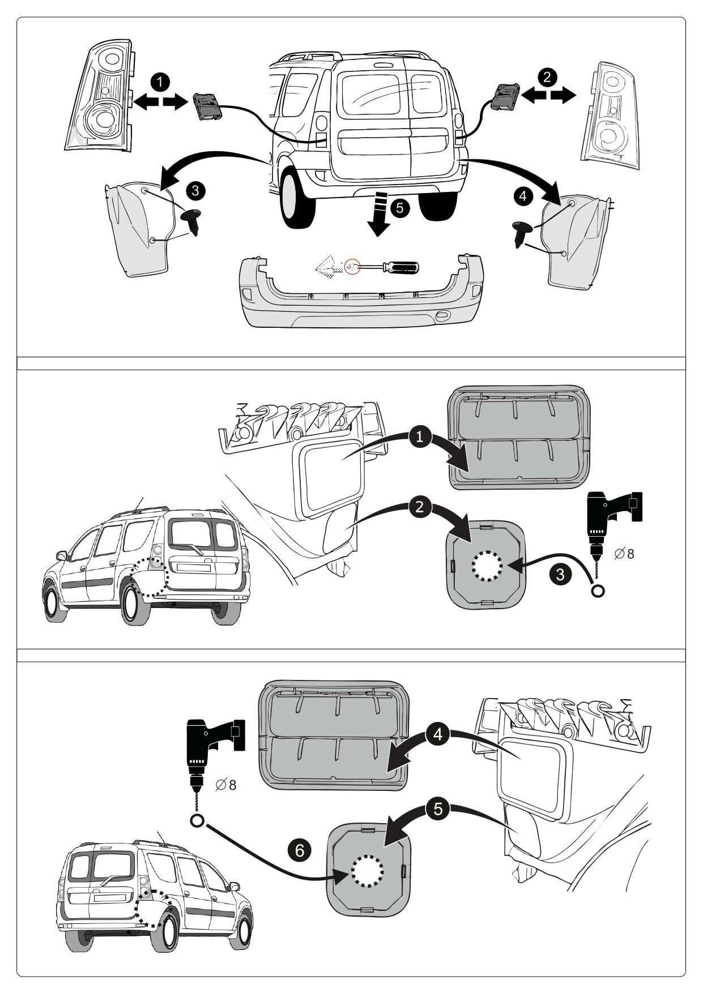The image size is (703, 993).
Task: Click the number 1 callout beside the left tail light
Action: [161, 81]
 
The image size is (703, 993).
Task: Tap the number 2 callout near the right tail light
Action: [547, 76]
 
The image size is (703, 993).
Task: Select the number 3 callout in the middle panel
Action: [560, 575]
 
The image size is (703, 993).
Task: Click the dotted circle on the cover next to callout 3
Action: [487, 565]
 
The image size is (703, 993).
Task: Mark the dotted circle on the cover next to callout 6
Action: [367, 870]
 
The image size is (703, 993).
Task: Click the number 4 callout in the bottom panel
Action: [437, 735]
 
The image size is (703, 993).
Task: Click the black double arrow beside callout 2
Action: [547, 97]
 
